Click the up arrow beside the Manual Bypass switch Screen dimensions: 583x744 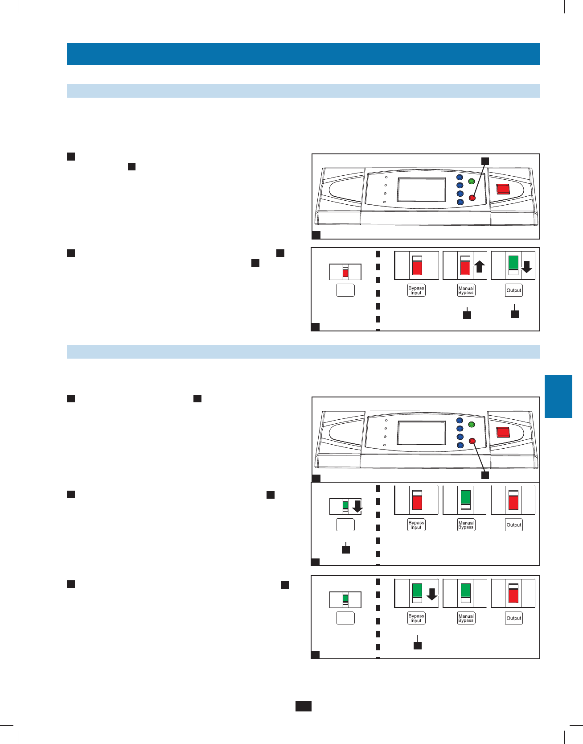479,267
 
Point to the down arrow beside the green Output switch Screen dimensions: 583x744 526,267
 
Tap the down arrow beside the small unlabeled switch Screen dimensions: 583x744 357,507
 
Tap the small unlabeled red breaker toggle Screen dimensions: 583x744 345,272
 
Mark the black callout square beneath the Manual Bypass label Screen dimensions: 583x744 467,315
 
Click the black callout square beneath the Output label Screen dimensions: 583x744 514,314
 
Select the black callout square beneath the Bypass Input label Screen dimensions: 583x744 417,645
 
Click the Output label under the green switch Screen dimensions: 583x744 513,290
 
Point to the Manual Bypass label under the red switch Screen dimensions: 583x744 466,290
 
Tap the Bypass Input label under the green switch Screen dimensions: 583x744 416,618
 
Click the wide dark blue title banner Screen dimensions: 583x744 303,54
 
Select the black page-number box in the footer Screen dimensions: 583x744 303,706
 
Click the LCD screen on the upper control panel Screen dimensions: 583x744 421,190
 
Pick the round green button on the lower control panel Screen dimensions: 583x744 472,425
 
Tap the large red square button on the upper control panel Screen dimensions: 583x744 503,189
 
